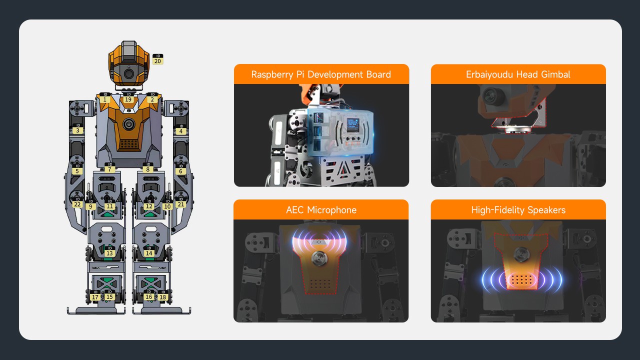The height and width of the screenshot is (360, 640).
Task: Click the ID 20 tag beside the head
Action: tap(157, 59)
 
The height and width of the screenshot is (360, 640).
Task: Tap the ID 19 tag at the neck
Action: tap(128, 97)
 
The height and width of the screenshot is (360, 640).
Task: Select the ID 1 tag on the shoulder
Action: tap(105, 97)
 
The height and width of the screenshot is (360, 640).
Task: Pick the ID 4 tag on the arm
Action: tap(181, 129)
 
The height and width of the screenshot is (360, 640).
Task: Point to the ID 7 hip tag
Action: tap(109, 167)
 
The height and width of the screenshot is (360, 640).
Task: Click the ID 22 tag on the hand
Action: tap(77, 202)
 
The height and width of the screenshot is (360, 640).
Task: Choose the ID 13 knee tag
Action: tap(109, 251)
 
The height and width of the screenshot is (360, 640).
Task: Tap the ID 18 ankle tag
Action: tap(162, 295)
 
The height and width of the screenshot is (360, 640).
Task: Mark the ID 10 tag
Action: tap(167, 204)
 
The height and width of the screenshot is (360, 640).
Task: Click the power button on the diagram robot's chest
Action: tap(129, 124)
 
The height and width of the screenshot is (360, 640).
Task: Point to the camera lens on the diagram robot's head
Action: tap(129, 74)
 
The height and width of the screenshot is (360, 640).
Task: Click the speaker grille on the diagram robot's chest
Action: tap(128, 144)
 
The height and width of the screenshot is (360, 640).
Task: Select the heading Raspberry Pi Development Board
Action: tap(321, 74)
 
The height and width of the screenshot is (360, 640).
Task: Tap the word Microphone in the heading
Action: tap(331, 210)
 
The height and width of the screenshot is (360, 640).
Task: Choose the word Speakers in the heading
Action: tap(546, 210)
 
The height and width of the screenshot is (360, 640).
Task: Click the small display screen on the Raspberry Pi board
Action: tap(353, 125)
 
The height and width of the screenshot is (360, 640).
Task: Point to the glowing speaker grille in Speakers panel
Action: tap(521, 279)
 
